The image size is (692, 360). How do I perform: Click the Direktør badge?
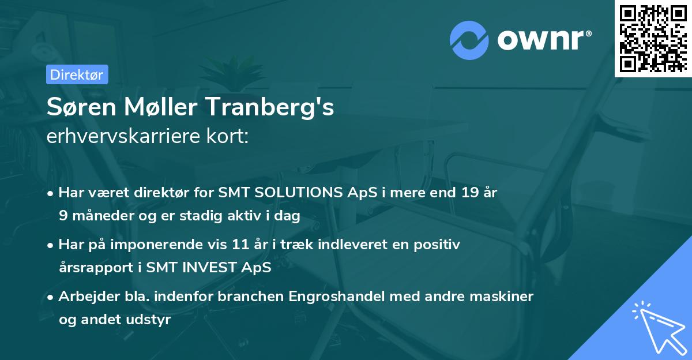point(77,74)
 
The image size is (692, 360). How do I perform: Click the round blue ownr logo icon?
point(469,40)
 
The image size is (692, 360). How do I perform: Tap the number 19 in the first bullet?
point(463,193)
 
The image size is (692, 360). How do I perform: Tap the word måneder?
point(98,215)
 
